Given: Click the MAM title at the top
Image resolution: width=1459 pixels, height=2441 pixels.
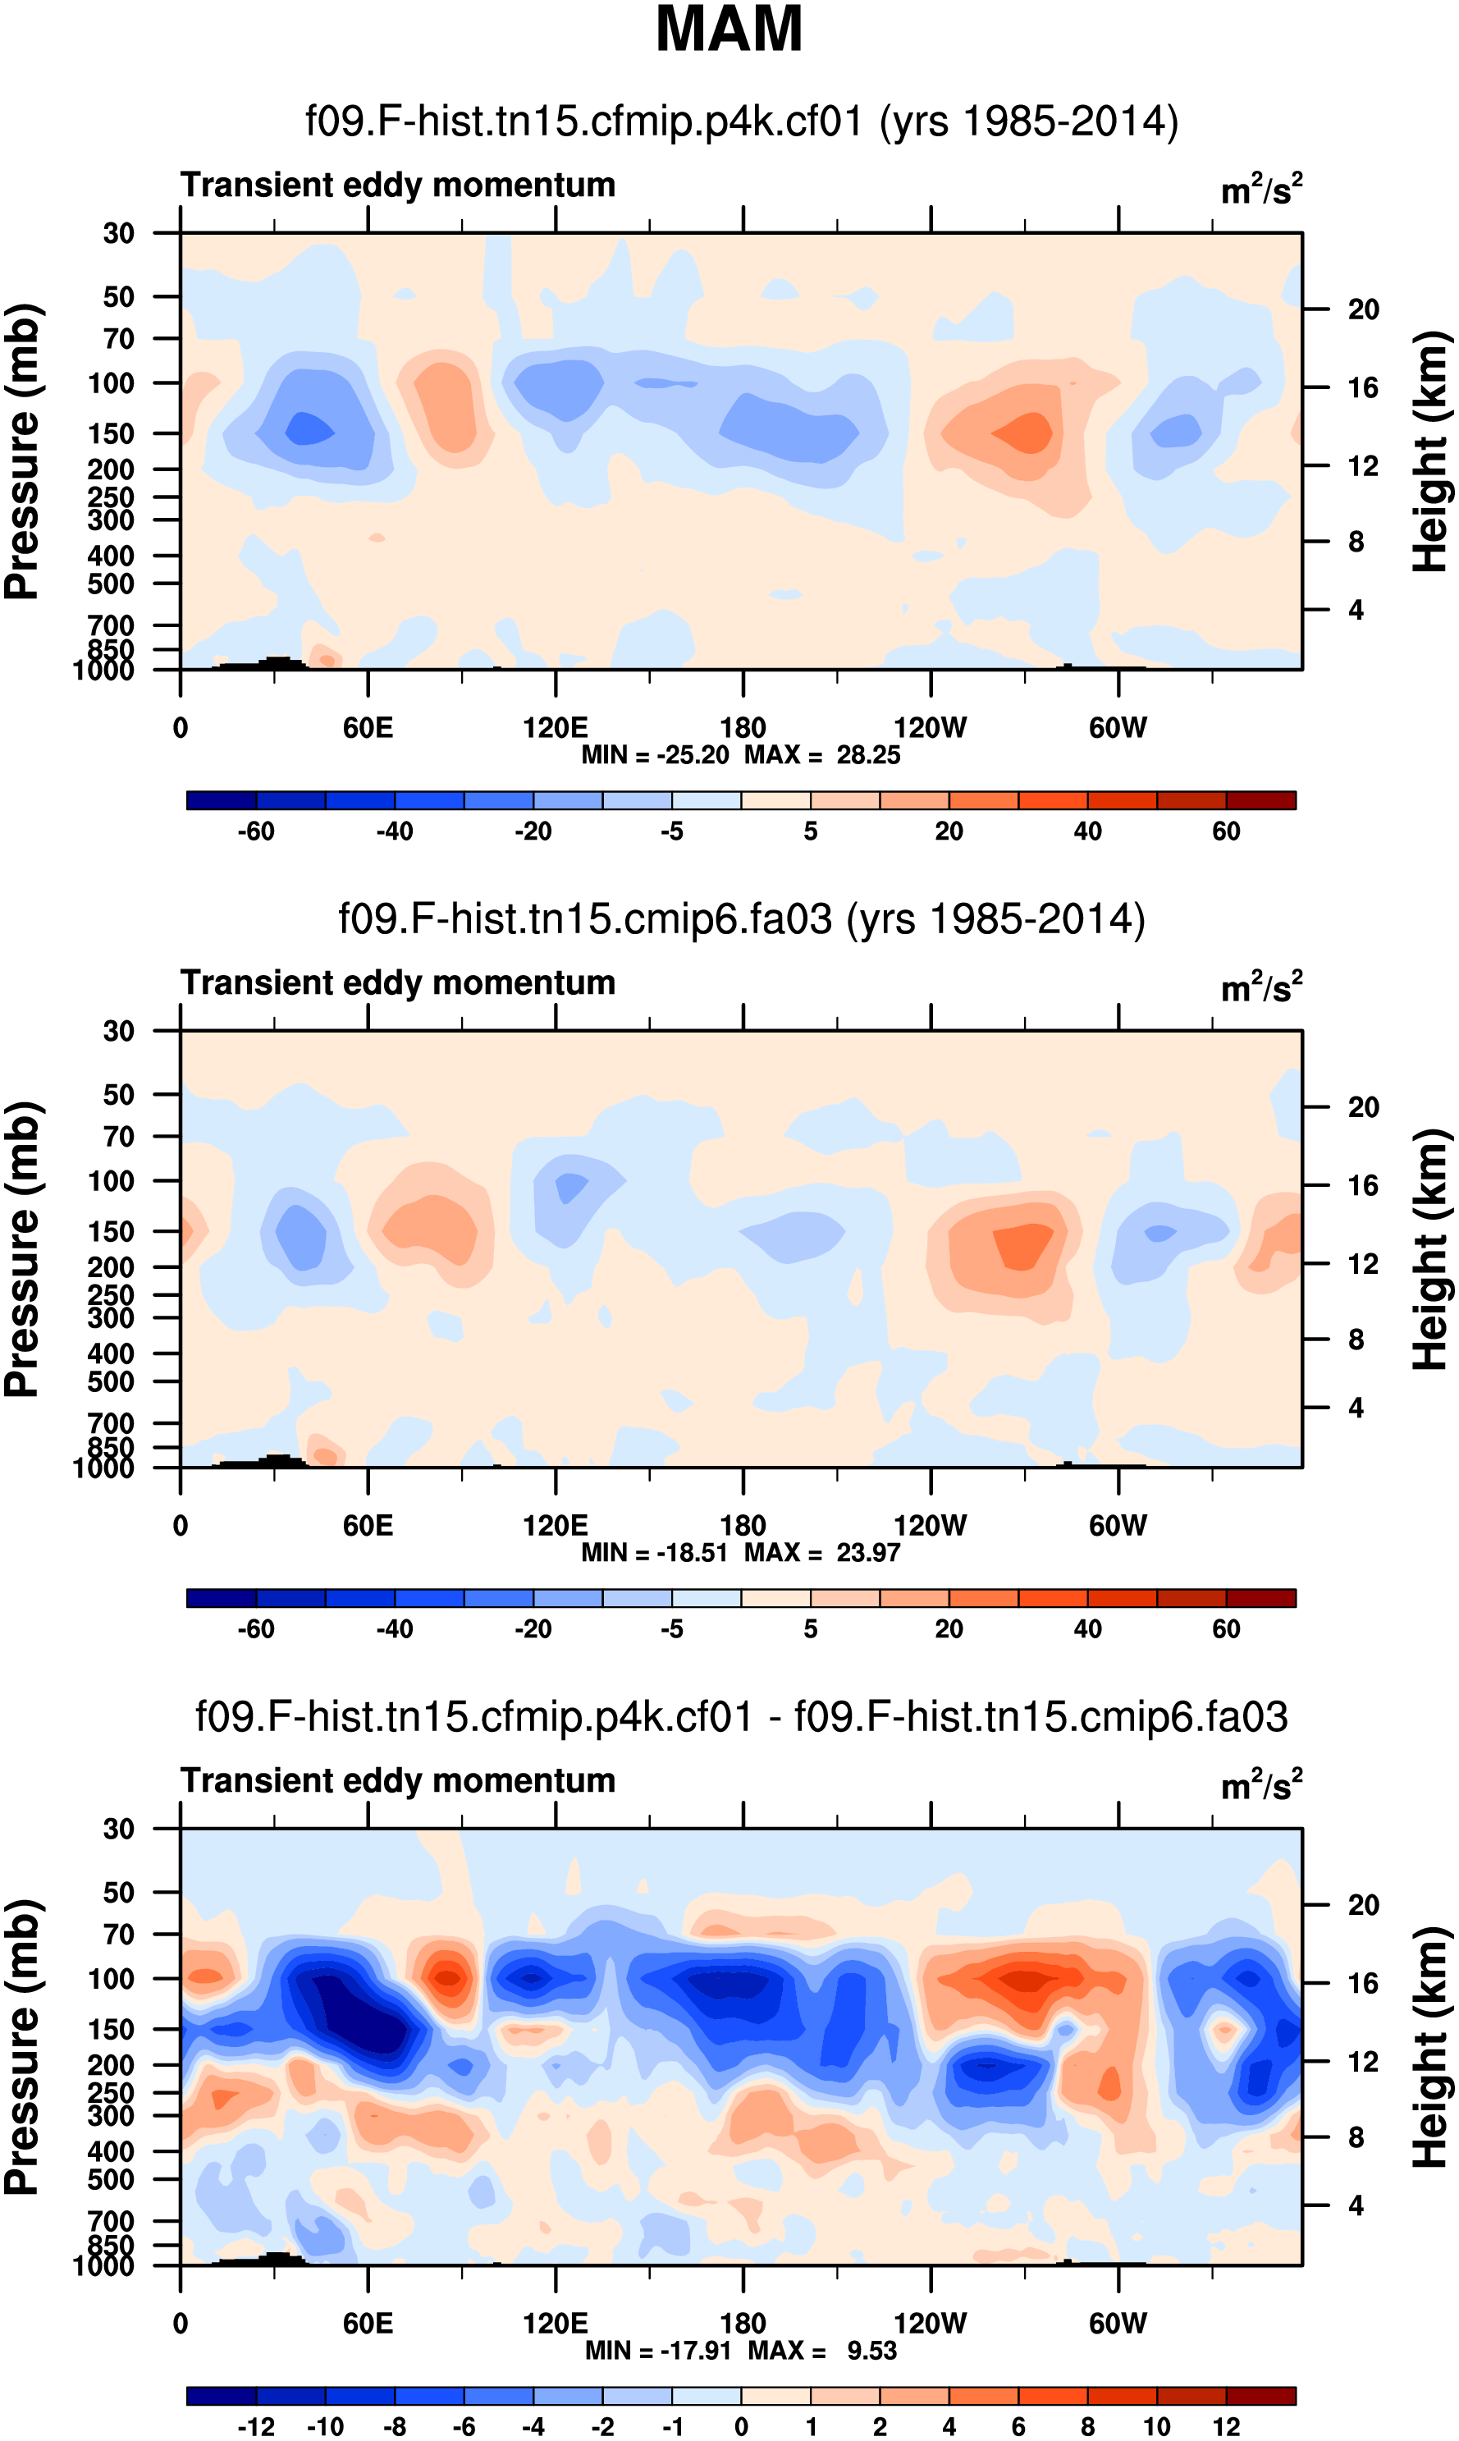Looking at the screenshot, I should tap(729, 30).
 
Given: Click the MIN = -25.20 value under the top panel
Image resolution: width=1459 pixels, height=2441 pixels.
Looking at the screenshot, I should tap(655, 755).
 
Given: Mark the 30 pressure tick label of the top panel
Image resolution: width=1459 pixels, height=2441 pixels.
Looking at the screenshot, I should tap(118, 234).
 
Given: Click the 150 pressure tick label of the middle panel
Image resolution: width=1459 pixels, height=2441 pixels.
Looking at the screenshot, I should tap(110, 1231).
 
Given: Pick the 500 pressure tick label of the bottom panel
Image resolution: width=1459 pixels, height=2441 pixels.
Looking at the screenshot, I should tap(110, 2178).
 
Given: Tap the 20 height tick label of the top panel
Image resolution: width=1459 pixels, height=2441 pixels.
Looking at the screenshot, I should tap(1363, 309).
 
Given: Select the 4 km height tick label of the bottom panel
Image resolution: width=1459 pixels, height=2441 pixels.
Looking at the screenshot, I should tap(1356, 2205).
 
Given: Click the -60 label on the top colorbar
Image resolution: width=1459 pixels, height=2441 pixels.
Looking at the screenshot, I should tap(256, 831).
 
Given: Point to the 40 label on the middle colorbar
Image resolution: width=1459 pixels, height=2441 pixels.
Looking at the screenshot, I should tap(1087, 1629).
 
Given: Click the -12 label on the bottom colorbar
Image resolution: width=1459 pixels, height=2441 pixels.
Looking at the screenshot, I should tap(256, 2426).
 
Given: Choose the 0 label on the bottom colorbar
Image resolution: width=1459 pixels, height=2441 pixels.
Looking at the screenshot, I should tap(741, 2426).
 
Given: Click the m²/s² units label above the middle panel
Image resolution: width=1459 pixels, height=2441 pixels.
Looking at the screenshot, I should tap(1261, 986).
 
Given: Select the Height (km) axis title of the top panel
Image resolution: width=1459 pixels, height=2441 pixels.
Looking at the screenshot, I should tap(1431, 451).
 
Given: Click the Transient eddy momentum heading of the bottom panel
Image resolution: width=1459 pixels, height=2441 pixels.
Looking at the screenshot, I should tap(397, 1779).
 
